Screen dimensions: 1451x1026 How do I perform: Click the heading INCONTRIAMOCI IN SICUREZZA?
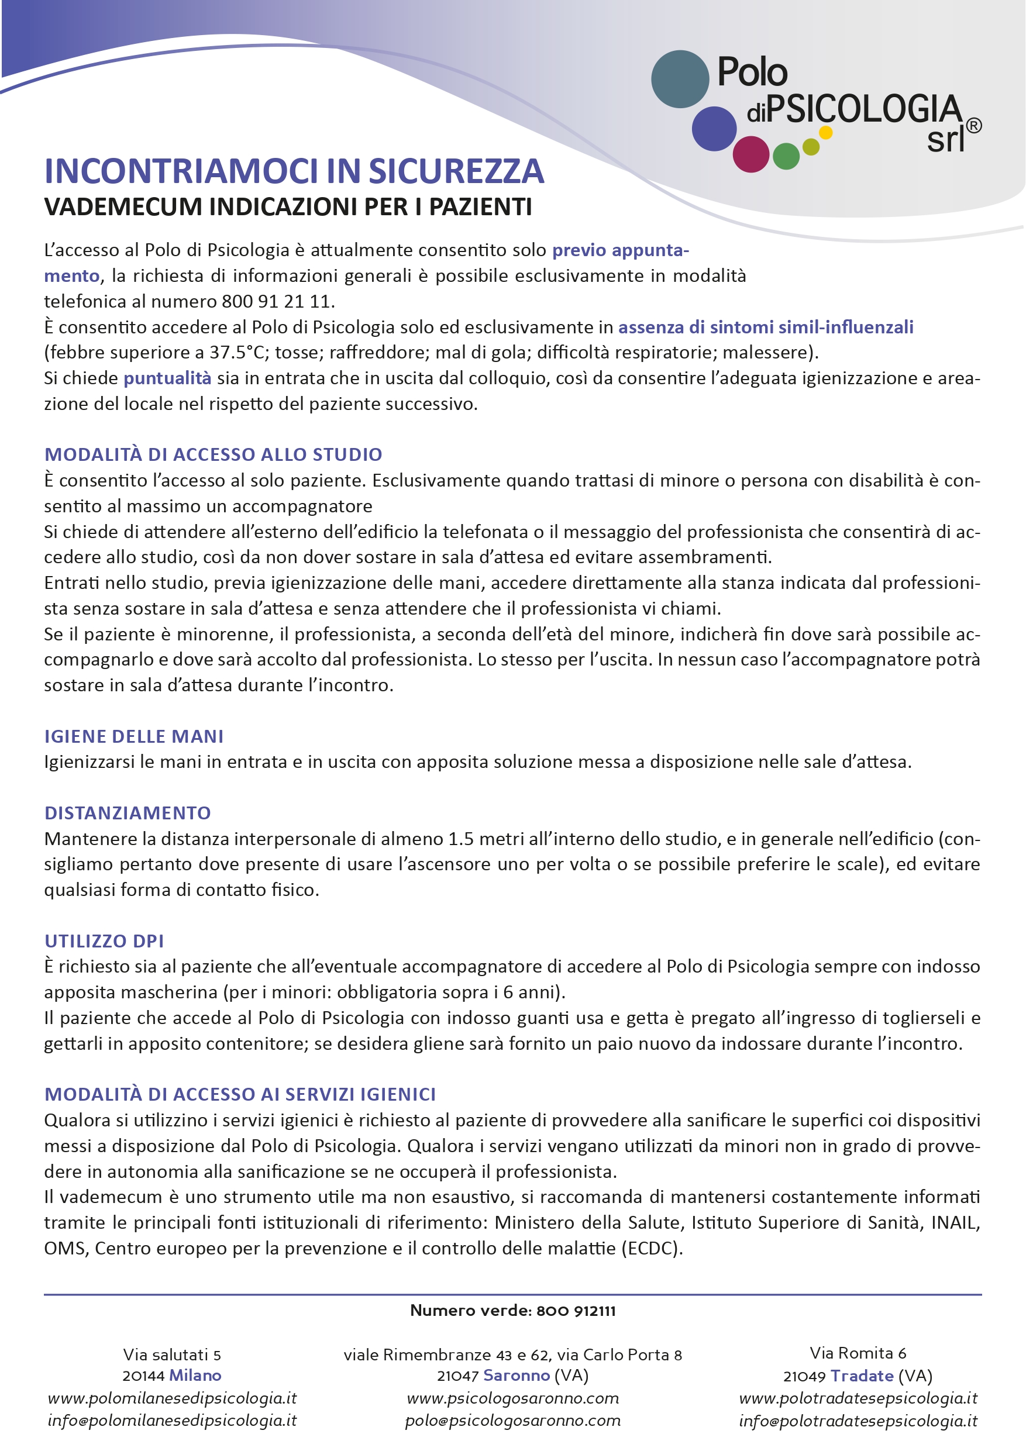(294, 171)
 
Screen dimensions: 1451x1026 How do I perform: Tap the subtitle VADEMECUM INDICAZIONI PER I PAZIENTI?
(288, 207)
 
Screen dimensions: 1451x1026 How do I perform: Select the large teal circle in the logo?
(680, 79)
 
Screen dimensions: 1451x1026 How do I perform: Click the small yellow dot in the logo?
(825, 133)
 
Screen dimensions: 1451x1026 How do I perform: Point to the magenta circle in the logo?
(750, 154)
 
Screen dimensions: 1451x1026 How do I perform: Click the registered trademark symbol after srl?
(973, 126)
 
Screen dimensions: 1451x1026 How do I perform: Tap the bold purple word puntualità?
(167, 378)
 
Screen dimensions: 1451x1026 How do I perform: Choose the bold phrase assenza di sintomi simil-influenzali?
(766, 327)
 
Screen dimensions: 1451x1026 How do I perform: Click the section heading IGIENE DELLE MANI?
(134, 736)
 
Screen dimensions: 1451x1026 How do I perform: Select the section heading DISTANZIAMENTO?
(128, 813)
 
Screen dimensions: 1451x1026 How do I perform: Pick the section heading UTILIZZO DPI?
(104, 941)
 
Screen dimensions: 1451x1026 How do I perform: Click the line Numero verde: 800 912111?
(512, 1310)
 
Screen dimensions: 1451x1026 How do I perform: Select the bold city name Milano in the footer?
(195, 1375)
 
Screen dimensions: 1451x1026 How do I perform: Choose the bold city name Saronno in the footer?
(517, 1375)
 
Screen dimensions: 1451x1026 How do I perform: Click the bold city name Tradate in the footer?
(862, 1376)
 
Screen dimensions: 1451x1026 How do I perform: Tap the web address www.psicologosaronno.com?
(512, 1398)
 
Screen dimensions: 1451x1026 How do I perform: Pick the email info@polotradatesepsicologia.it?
(858, 1421)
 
